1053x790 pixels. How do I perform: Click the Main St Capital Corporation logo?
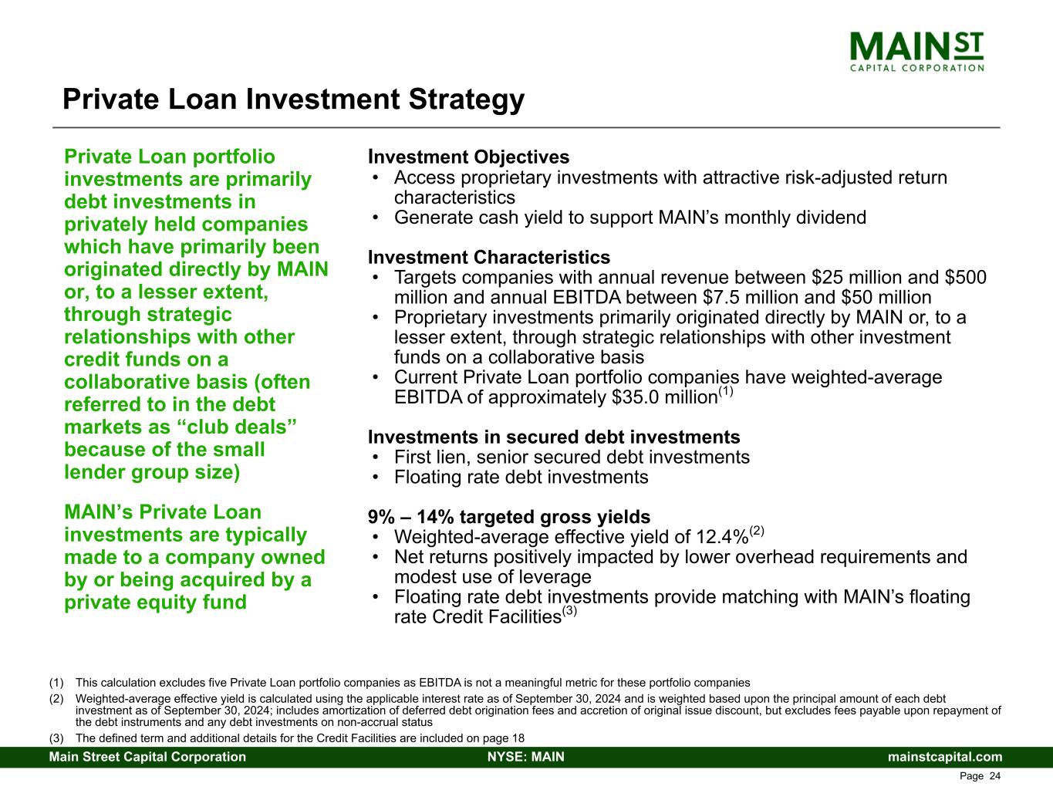tap(916, 52)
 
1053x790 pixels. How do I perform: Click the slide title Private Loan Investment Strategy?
tap(294, 100)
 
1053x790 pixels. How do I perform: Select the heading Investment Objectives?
tap(469, 157)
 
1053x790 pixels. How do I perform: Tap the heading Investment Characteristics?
tap(489, 258)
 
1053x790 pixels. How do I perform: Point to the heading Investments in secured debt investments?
tap(554, 437)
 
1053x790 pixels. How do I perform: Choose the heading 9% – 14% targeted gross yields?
tap(509, 517)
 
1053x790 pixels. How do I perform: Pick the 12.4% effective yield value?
tap(722, 537)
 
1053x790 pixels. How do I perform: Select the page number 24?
tap(995, 776)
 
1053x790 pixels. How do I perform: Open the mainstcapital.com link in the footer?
tap(945, 757)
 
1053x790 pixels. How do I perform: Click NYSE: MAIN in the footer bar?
tap(526, 757)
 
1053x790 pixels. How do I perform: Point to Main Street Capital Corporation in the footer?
tap(147, 757)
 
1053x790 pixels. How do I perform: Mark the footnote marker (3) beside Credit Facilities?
tap(569, 611)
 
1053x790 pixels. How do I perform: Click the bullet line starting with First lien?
tap(572, 457)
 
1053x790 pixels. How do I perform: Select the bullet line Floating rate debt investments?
tap(521, 478)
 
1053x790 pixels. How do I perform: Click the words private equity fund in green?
tap(155, 603)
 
